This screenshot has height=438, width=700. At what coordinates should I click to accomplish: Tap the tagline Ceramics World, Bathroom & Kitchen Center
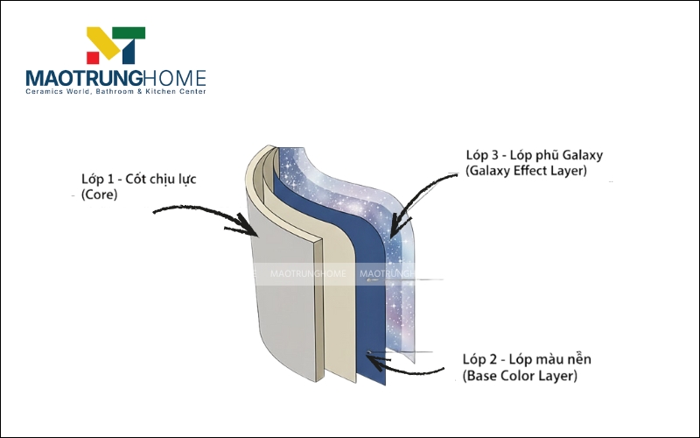(x=115, y=91)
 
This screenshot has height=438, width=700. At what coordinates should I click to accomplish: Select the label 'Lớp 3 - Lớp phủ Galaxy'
(x=535, y=155)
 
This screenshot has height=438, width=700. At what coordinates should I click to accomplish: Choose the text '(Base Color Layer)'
(x=520, y=377)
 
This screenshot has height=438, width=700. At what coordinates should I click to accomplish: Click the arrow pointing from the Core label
(x=201, y=215)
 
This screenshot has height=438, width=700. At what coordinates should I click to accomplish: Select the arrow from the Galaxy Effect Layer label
(x=429, y=193)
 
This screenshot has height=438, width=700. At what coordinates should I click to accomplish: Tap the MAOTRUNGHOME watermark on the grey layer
(x=309, y=273)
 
